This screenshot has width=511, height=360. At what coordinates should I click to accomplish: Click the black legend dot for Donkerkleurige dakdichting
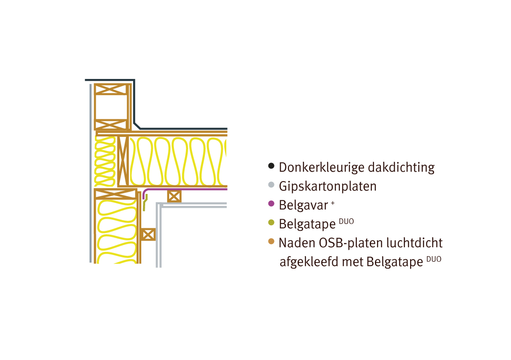point(271,166)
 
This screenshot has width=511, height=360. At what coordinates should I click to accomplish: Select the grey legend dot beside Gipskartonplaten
point(271,185)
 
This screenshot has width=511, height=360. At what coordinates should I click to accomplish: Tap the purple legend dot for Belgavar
point(271,203)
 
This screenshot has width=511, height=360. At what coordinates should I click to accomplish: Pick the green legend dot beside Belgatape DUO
point(271,222)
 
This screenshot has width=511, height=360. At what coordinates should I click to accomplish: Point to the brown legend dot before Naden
point(271,241)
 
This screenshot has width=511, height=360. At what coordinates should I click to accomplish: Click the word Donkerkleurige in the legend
point(316,167)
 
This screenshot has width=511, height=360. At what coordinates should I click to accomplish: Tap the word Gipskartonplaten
point(328,186)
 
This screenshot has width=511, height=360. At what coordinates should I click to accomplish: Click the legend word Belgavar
point(303,205)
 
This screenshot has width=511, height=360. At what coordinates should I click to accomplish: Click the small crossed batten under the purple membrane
point(174,196)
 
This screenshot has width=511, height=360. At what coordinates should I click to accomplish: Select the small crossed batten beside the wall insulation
point(148,234)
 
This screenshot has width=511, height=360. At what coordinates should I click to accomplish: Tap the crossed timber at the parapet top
point(111,89)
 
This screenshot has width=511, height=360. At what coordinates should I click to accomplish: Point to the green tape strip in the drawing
point(145,202)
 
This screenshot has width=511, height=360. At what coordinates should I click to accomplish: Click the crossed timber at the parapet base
point(111,124)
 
